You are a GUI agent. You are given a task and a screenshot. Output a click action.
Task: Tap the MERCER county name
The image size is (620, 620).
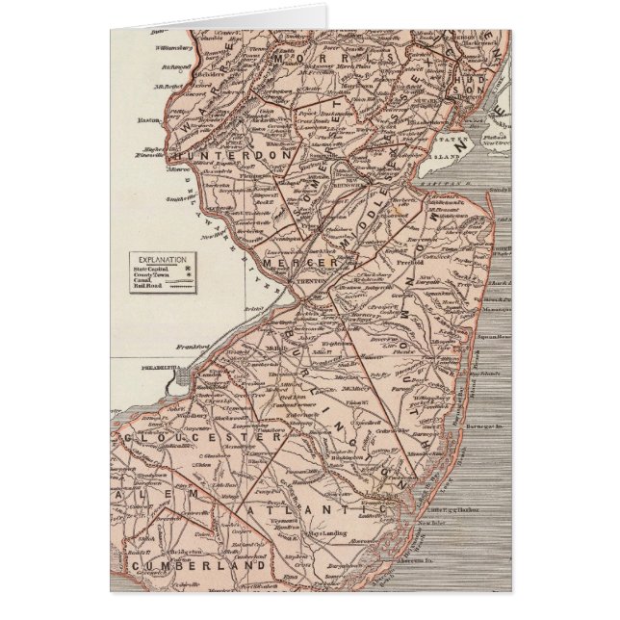308,262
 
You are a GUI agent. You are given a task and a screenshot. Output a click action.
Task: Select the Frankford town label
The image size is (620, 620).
192,344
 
